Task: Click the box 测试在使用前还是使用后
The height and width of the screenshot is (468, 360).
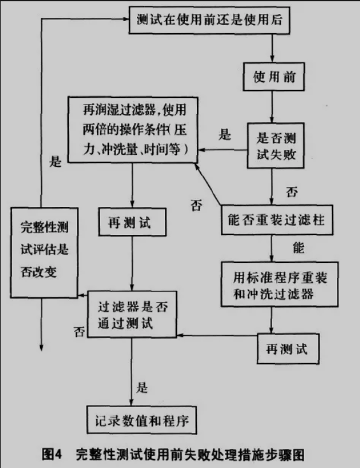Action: [209, 20]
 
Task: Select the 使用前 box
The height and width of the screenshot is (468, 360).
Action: [273, 76]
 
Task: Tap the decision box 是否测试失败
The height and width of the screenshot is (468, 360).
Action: [275, 145]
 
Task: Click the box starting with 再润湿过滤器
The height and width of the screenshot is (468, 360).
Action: [133, 129]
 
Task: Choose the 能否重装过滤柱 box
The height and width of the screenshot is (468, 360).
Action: [277, 220]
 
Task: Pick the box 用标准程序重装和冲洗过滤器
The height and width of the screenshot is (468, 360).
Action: [280, 285]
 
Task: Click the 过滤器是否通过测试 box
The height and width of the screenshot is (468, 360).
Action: [132, 315]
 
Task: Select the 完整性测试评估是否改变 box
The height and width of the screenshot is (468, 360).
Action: [44, 253]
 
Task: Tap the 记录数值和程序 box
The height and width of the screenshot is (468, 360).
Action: [141, 420]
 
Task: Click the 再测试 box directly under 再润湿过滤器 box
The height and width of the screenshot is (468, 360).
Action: [133, 222]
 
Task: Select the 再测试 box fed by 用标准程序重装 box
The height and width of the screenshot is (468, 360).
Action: [288, 349]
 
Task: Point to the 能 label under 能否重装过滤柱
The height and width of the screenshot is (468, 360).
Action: [298, 248]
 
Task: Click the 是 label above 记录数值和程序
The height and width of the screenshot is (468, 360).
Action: [142, 388]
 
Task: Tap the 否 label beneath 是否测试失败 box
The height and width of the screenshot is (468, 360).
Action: [292, 192]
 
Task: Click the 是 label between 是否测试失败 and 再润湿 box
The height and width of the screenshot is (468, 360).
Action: [225, 134]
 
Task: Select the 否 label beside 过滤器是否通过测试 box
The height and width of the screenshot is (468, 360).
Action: [79, 331]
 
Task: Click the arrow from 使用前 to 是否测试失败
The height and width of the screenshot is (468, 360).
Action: [272, 106]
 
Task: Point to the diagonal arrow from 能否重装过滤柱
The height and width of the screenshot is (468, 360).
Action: [208, 184]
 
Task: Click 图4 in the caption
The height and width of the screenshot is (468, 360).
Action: [52, 455]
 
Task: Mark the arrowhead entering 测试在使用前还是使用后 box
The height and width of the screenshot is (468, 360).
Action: [126, 19]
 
